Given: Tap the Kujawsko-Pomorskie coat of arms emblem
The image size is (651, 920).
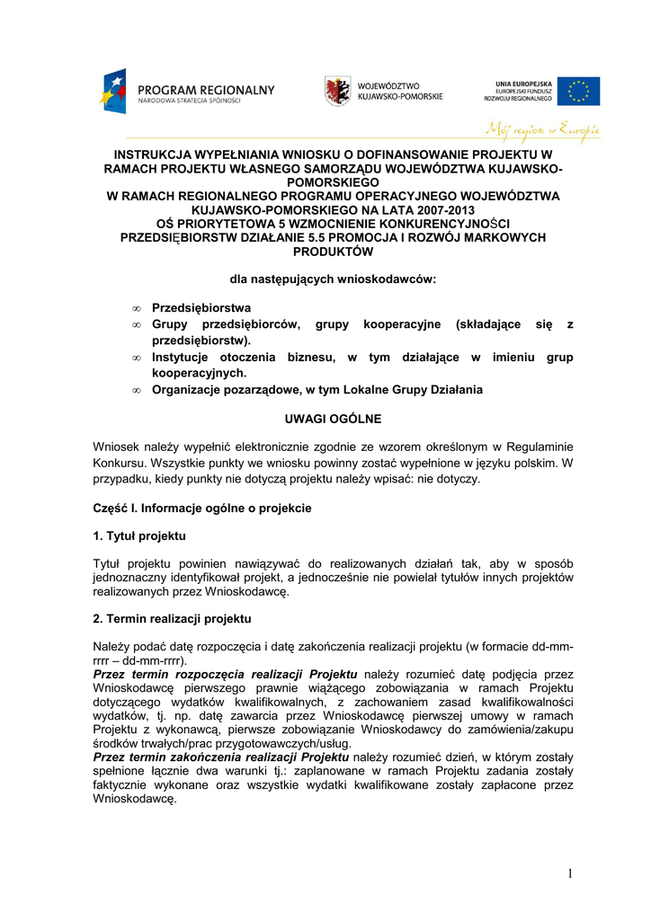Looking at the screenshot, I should click(338, 90).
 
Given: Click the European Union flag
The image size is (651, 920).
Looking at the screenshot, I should click(578, 91).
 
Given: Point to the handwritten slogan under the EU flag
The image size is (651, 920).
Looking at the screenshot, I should click(542, 128).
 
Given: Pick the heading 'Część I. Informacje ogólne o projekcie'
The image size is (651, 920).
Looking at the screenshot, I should click(202, 508).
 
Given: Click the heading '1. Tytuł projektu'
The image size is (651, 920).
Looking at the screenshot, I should click(139, 536).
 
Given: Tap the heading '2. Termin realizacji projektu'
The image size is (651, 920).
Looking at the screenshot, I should click(172, 619).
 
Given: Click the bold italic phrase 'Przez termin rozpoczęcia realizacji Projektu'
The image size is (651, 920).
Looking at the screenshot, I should click(226, 674).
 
